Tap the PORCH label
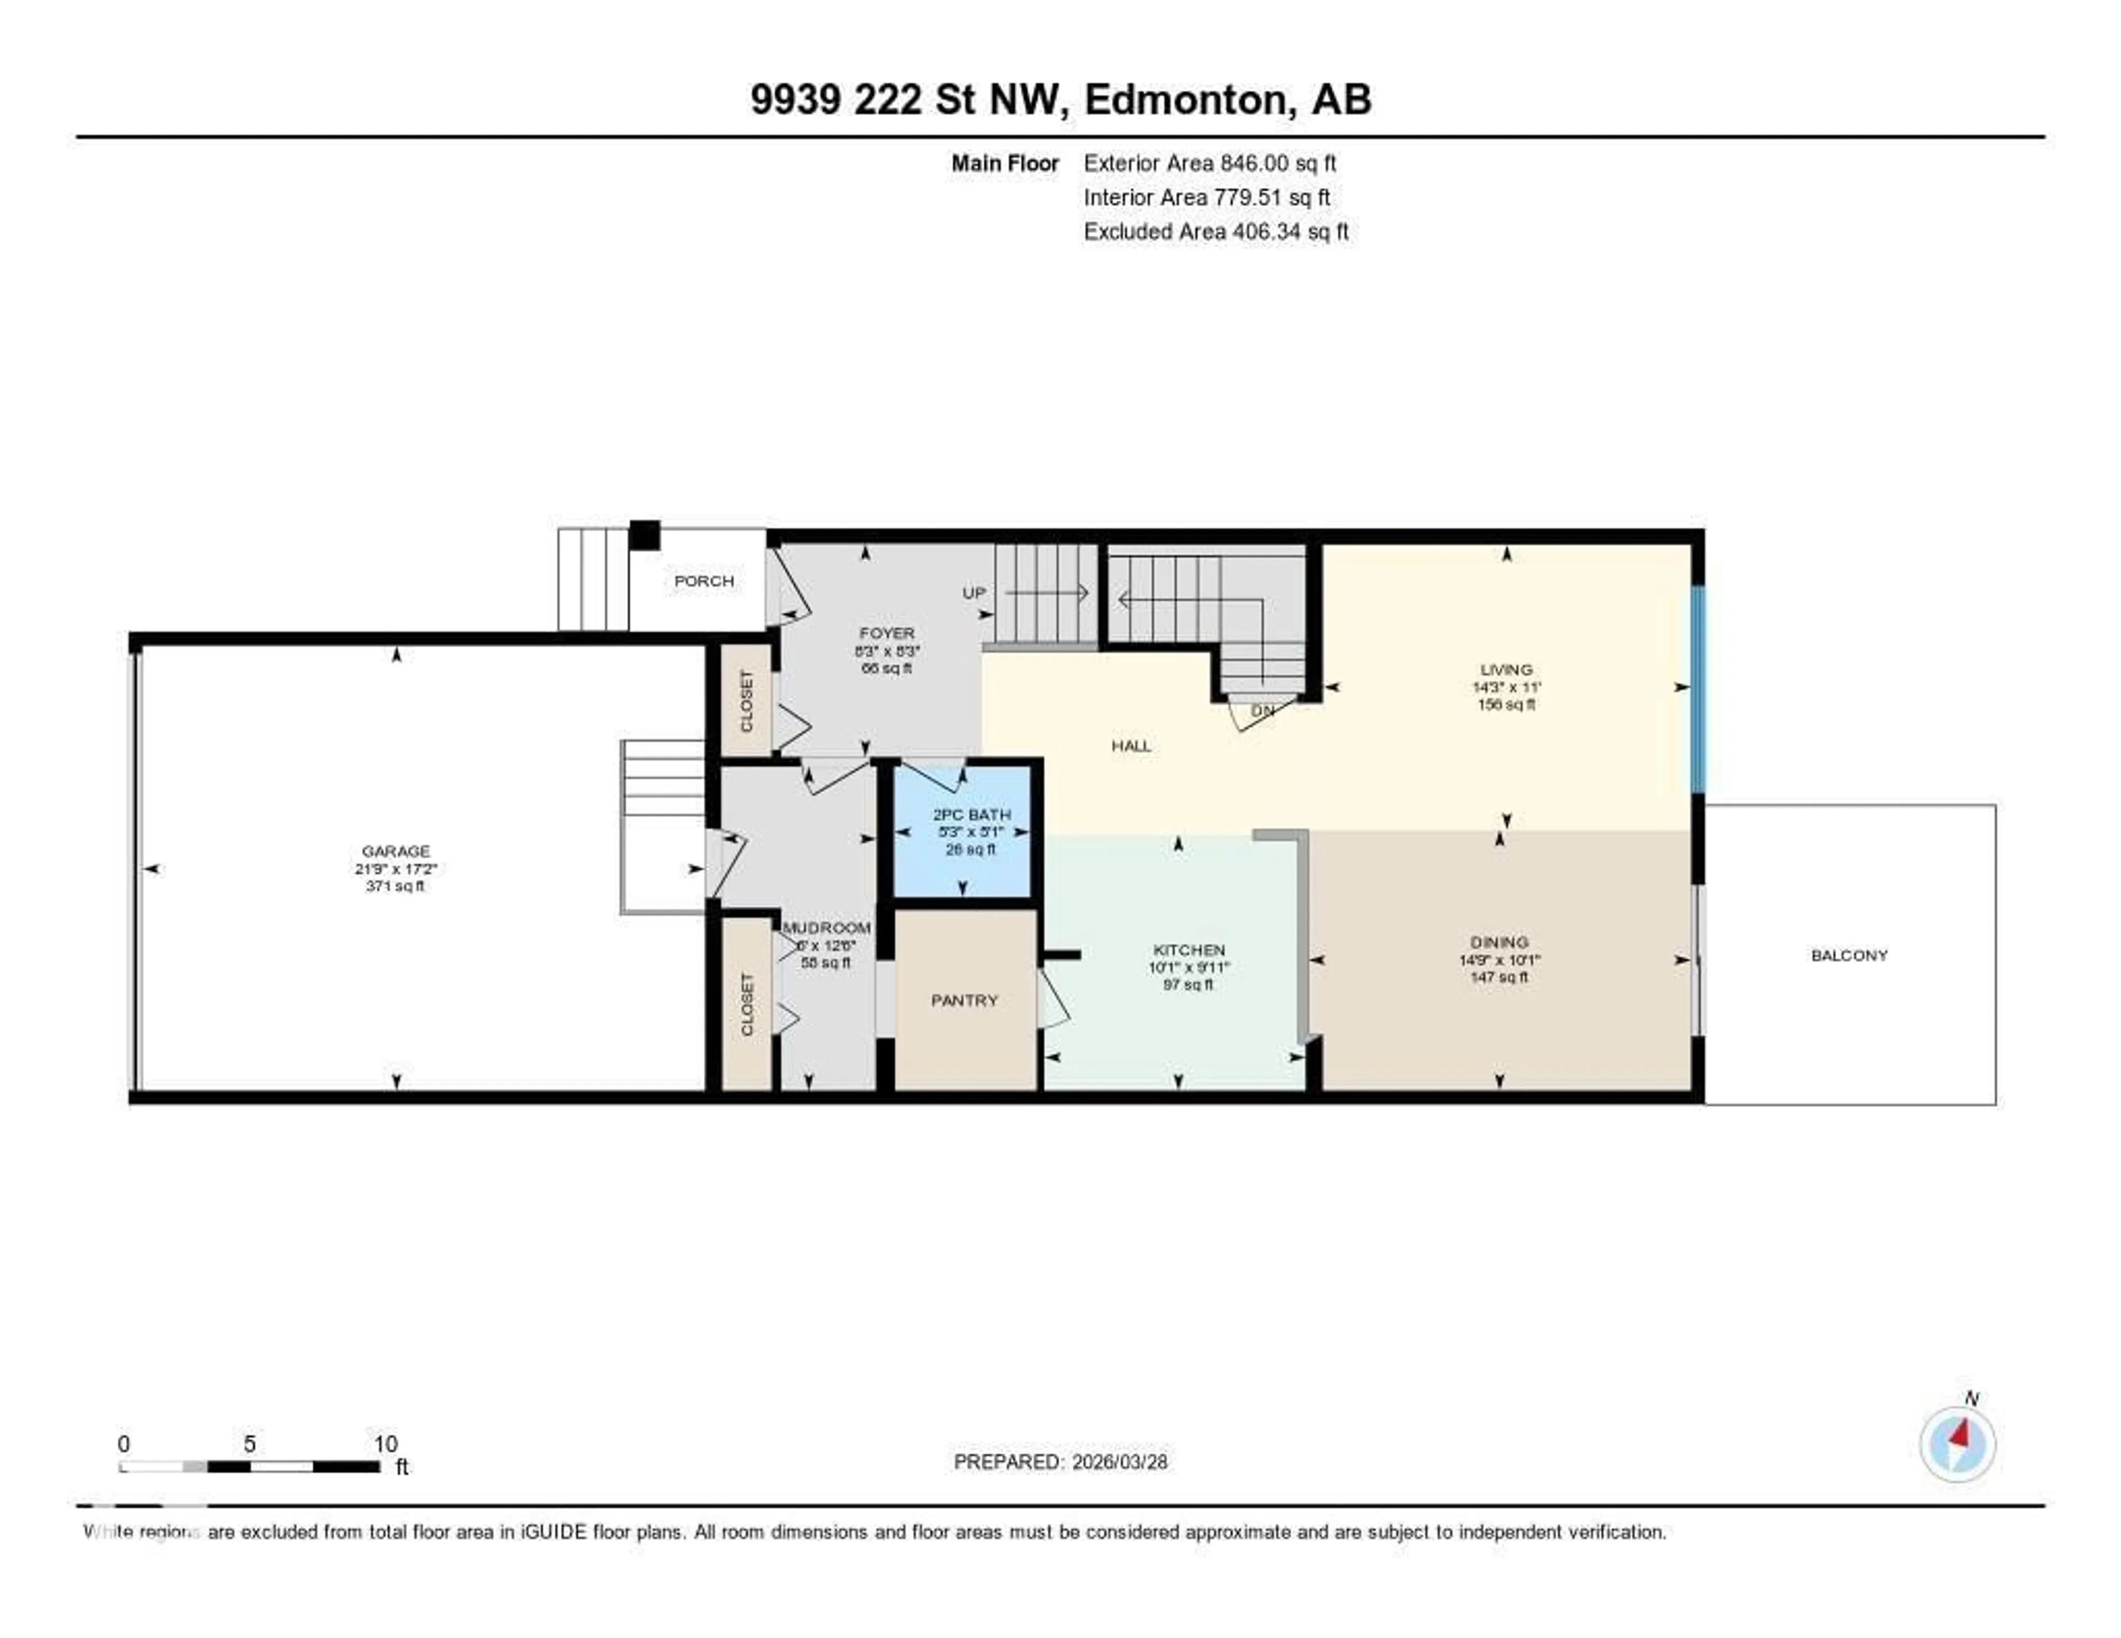click(x=704, y=580)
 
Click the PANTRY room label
click(x=964, y=1000)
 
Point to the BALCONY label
click(x=1849, y=955)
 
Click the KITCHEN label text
click(x=1189, y=949)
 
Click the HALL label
click(x=1131, y=746)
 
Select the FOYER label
click(x=887, y=633)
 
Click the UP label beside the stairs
click(x=973, y=592)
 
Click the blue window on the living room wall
click(x=1697, y=689)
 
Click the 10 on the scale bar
click(x=386, y=1444)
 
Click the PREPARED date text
click(x=1060, y=1461)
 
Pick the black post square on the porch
click(x=644, y=536)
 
